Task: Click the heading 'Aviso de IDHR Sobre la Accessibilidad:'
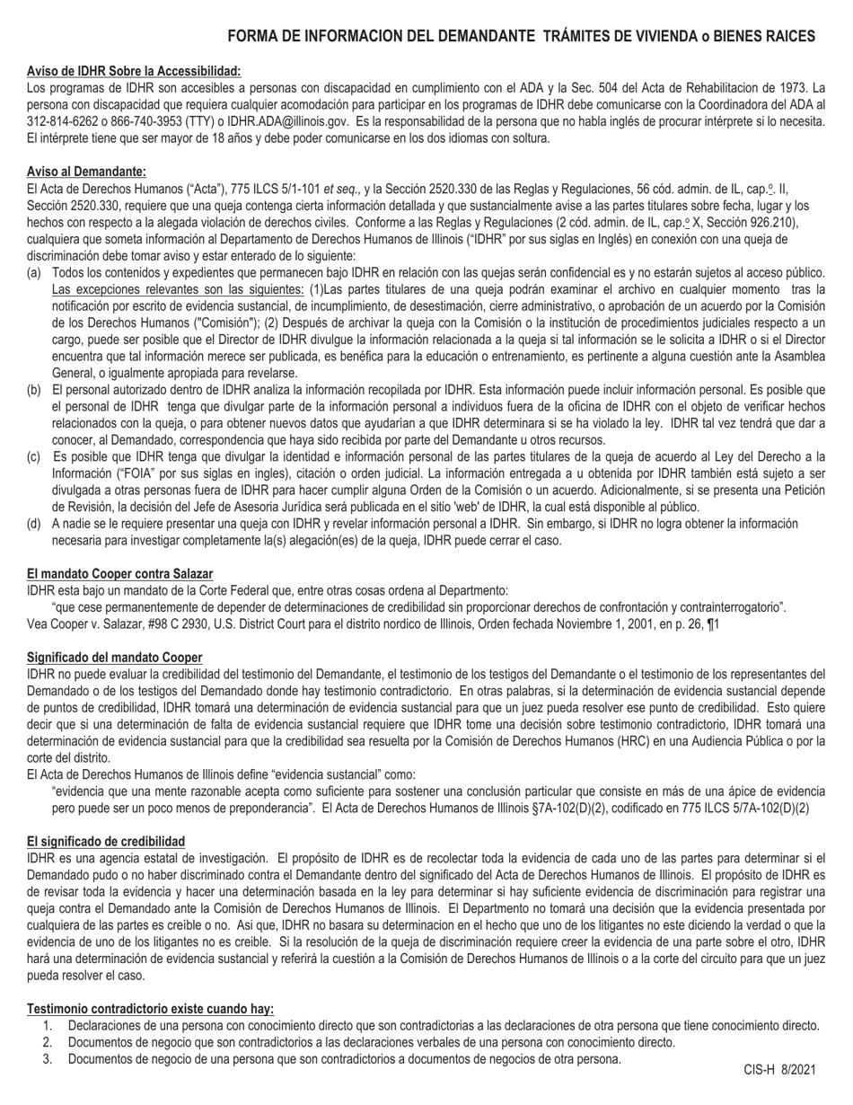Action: (x=134, y=71)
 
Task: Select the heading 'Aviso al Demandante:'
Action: (x=86, y=172)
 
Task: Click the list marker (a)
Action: (x=34, y=272)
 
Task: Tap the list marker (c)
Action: (x=34, y=457)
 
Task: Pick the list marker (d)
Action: (x=34, y=524)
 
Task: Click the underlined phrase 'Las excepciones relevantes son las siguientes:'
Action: (x=178, y=289)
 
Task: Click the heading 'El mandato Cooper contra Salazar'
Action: (x=119, y=574)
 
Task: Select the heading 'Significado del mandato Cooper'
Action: (x=114, y=658)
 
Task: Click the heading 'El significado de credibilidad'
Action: (x=106, y=842)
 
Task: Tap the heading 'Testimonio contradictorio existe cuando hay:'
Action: (x=150, y=1009)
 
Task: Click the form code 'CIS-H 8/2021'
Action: (x=778, y=1070)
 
